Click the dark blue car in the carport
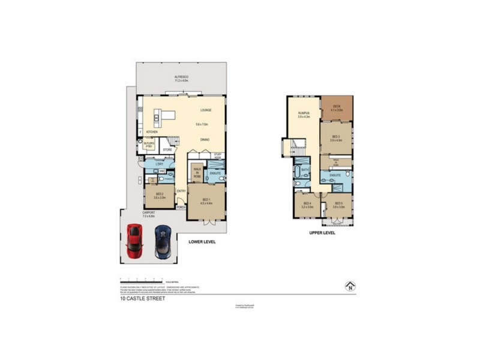pos(162,241)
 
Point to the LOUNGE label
pos(206,110)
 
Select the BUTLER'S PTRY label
pos(149,145)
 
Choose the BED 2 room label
pos(160,196)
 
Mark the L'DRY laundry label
pos(159,164)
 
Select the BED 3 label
pos(336,138)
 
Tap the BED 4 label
pos(307,205)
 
